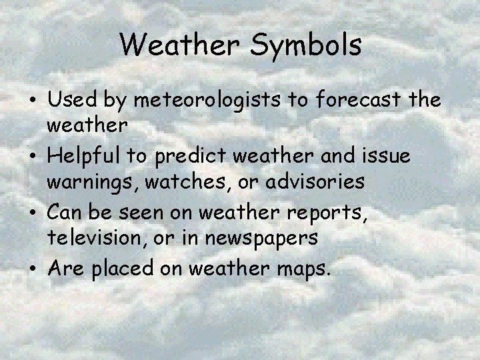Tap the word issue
tap(387, 155)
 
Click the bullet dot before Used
tap(33, 102)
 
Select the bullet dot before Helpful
tap(33, 157)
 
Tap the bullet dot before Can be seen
tap(33, 213)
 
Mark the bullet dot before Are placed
tap(33, 269)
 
